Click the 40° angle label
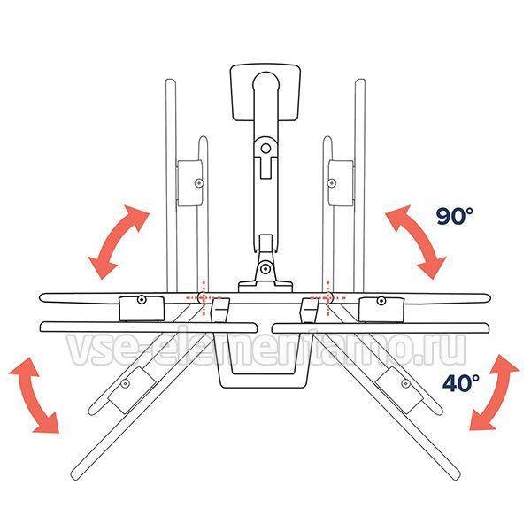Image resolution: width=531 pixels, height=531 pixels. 460,382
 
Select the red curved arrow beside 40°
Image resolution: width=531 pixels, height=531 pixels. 494,393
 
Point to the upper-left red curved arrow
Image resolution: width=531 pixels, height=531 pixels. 116,240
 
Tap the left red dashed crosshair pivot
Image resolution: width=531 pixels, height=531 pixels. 204,297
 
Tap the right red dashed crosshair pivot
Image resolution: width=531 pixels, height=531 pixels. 327,297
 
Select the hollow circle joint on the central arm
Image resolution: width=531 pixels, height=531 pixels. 265,149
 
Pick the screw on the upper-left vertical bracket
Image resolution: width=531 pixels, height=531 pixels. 199,183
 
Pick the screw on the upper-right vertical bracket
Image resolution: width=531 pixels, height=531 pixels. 332,183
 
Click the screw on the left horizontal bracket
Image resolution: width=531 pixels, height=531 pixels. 142,299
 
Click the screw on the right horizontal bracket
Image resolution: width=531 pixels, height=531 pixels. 381,300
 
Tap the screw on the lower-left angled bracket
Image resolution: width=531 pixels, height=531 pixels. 126,384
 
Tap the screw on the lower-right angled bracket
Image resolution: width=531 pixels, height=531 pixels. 405,383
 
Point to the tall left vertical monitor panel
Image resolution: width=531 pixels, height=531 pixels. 171,185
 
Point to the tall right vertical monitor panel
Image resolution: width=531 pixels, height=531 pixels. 359,185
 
